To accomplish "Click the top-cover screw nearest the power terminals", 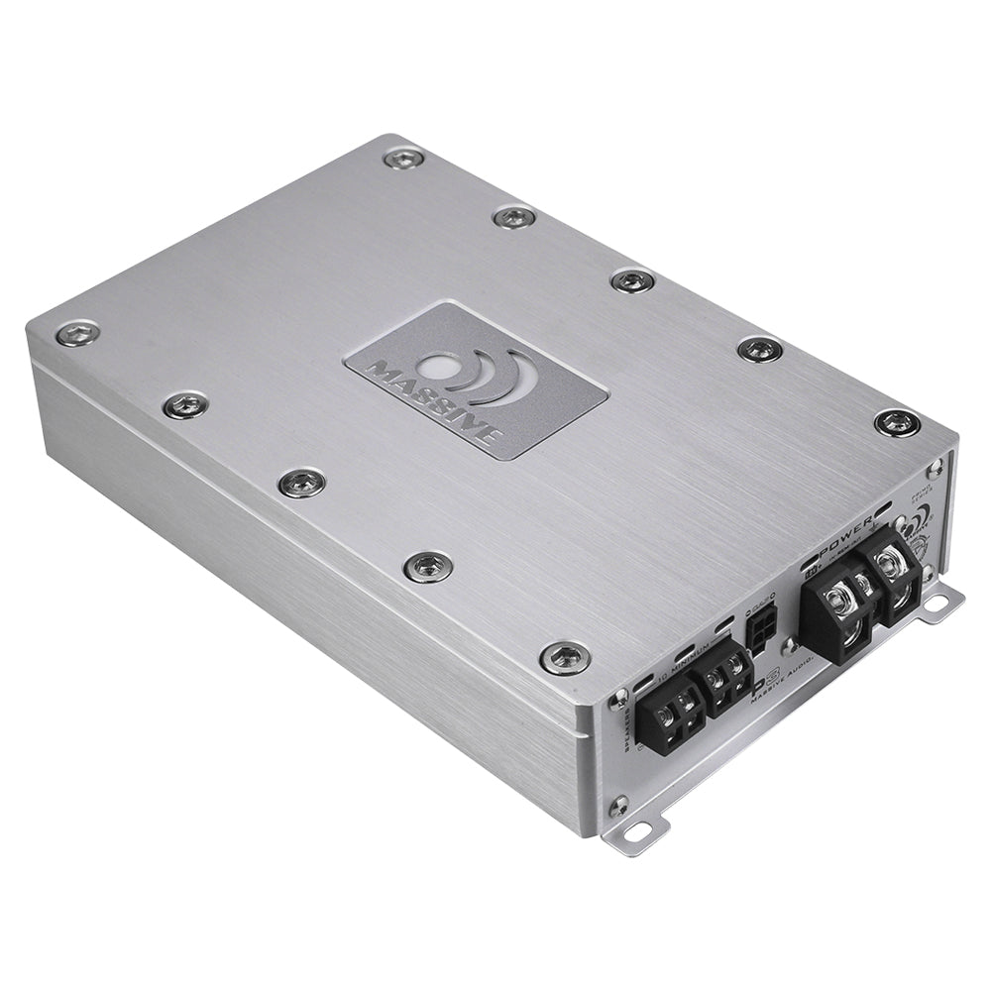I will click(x=897, y=423).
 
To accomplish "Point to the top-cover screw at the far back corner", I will click(x=405, y=157).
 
